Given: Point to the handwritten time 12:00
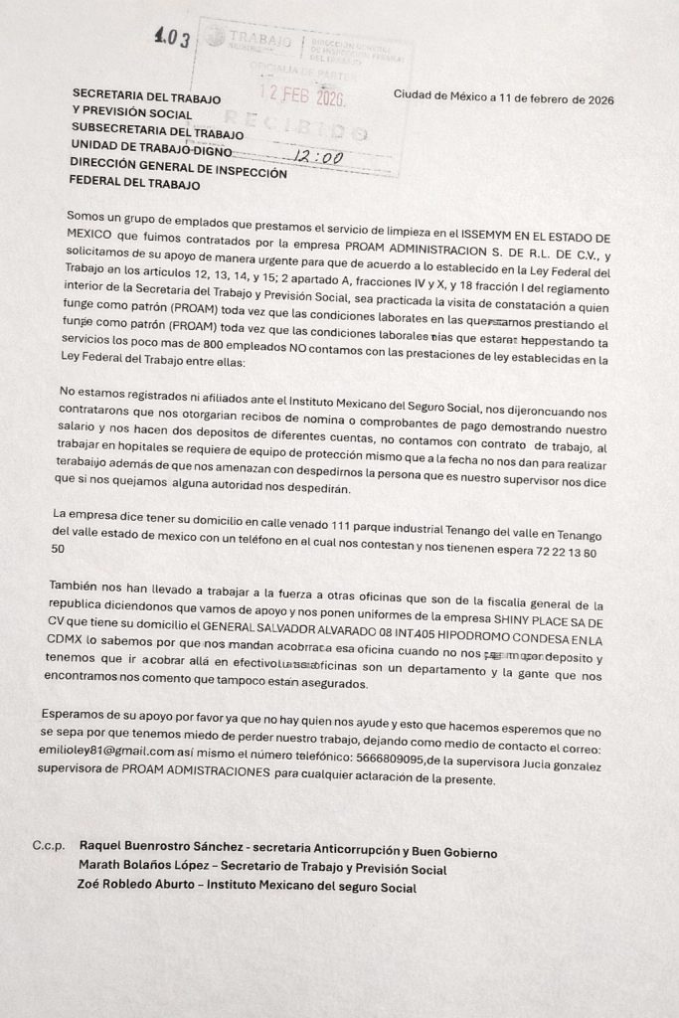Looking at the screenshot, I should (318, 157).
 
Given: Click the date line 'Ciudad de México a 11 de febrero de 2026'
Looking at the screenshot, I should (503, 98).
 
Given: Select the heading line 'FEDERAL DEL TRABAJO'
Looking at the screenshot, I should (135, 185).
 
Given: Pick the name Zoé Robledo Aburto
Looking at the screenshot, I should (136, 887).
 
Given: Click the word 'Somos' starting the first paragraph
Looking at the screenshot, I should (86, 216).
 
